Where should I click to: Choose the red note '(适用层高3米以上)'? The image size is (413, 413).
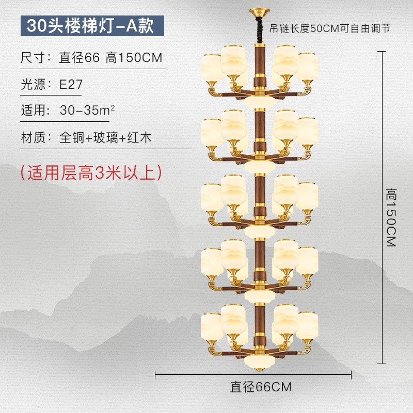[91, 172]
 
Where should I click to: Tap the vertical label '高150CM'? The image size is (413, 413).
[390, 217]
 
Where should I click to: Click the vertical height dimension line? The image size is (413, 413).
[382, 206]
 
